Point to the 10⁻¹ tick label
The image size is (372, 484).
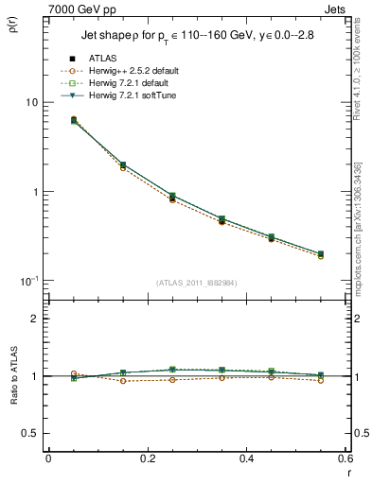pos(28,281)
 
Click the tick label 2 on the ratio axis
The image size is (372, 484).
pos(34,319)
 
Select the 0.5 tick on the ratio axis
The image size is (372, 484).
pos(30,433)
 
